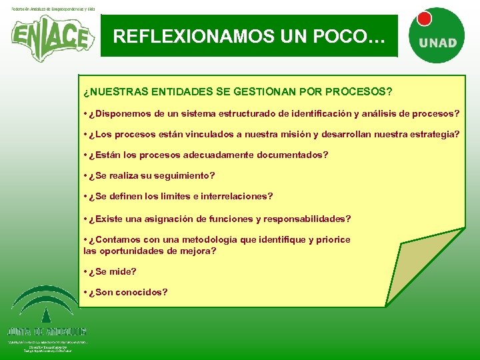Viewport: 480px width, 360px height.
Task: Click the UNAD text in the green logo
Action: click(438, 43)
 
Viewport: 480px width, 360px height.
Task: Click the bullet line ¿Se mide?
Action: click(110, 271)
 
